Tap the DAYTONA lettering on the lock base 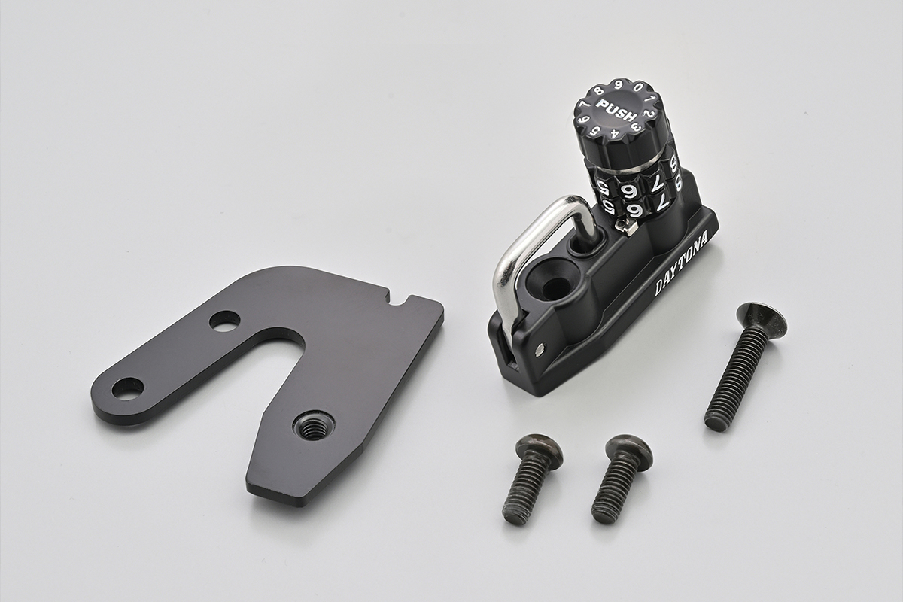tap(680, 264)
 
